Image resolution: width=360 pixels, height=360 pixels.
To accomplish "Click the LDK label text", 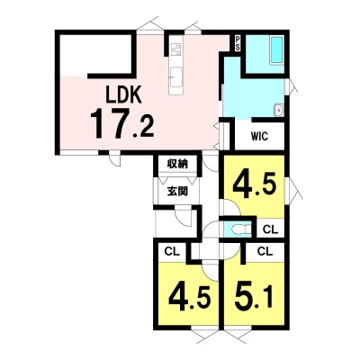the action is coord(123,94).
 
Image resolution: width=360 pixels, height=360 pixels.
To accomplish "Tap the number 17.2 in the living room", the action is coord(122,123).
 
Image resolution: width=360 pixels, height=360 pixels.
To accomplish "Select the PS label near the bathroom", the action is coord(238,43).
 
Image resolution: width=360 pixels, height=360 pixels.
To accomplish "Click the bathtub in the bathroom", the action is coord(276,50).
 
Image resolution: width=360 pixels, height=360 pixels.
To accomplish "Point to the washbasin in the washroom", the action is coord(279,111).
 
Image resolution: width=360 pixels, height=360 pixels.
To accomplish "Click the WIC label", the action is coord(259,137).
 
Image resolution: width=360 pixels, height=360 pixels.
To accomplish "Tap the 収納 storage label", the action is coord(177,164).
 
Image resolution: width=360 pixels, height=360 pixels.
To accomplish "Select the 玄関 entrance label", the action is coord(177,191).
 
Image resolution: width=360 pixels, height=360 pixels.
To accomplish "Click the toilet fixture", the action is coord(240,229).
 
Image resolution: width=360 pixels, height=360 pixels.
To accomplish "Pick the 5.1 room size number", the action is coord(255,297).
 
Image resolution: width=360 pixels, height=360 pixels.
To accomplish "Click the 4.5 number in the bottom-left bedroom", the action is coord(189,298).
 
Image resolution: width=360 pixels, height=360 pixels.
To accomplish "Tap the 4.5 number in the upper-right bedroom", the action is coord(255,185).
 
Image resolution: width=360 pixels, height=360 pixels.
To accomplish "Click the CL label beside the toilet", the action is coord(271,229).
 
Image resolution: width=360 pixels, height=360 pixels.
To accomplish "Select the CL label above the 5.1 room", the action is coord(265,251).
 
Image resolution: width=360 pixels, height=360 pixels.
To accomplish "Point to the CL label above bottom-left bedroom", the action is coord(172,251).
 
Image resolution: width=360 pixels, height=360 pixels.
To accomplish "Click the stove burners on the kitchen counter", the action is coord(175,49).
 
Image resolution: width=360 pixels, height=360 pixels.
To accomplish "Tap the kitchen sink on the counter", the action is coord(175,77).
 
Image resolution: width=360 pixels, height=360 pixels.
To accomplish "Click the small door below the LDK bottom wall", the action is coord(114,158).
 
